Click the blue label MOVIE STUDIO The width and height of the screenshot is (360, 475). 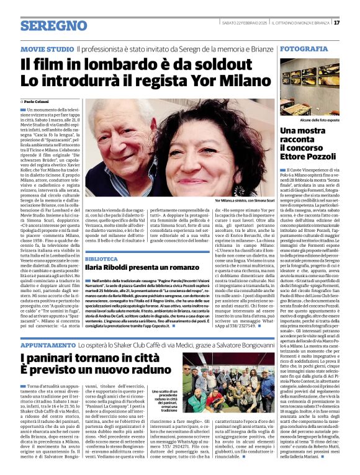pos(46,48)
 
